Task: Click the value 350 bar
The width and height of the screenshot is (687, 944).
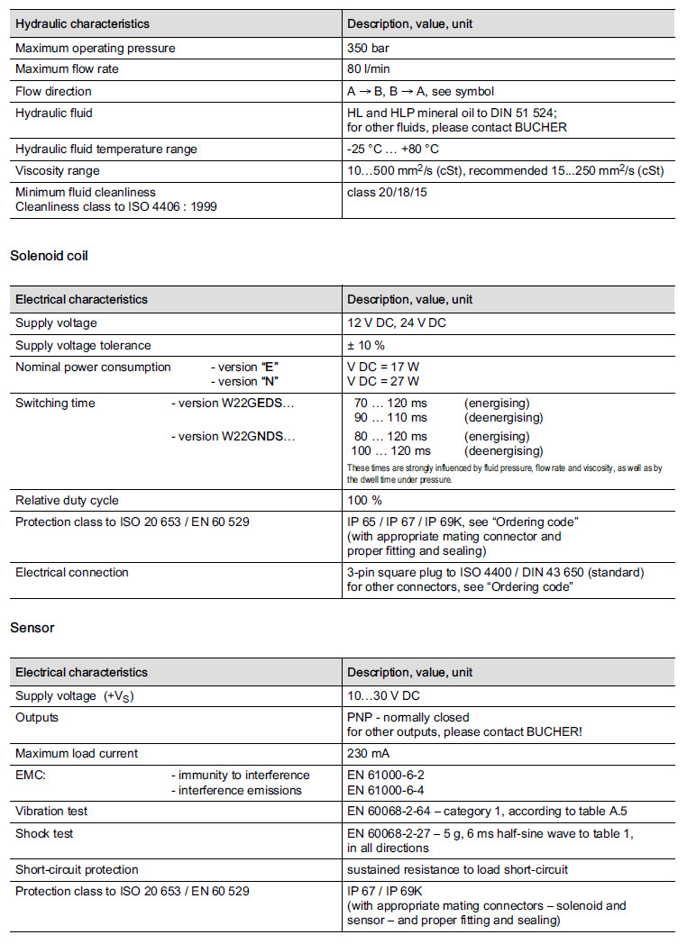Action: coord(368,48)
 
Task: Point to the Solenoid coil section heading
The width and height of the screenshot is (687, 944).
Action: coord(49,256)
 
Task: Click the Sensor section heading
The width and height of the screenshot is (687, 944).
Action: coord(32,628)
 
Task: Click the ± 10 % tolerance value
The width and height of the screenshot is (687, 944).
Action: coord(366,345)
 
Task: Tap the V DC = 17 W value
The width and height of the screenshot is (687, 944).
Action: coord(383,368)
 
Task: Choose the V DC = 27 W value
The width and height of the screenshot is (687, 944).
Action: coord(383,381)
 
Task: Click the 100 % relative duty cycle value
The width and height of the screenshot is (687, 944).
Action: coord(364,500)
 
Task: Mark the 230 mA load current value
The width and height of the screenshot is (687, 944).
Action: coord(369,753)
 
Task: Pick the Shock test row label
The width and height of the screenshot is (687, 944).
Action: coord(44,833)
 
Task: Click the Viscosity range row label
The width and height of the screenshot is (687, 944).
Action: coord(58,170)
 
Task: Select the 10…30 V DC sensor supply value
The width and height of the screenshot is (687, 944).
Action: coord(383,695)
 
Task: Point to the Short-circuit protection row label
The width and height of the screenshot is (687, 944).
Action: coord(77,869)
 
